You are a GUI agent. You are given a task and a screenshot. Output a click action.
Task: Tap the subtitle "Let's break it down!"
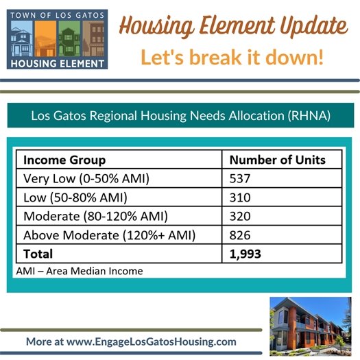coord(232,58)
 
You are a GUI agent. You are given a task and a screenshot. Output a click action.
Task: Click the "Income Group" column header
coord(64,160)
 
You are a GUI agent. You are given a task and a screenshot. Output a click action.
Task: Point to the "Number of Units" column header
coord(277,160)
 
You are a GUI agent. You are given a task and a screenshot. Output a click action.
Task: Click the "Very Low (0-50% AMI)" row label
coord(86,179)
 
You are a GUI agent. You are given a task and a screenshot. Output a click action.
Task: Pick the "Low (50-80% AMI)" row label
coord(74,198)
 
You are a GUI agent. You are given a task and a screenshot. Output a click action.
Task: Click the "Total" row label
coord(38,254)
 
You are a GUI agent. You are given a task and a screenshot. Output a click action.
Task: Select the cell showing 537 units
coord(241,179)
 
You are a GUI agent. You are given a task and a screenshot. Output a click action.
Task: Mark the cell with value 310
coord(241,198)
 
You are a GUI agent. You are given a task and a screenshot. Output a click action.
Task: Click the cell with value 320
coord(241,217)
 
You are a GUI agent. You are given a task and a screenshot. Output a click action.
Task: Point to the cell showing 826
coord(241,235)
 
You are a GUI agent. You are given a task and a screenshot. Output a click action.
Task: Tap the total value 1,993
coord(245,254)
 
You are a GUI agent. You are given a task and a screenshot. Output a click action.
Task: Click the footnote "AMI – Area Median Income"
coord(79,271)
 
